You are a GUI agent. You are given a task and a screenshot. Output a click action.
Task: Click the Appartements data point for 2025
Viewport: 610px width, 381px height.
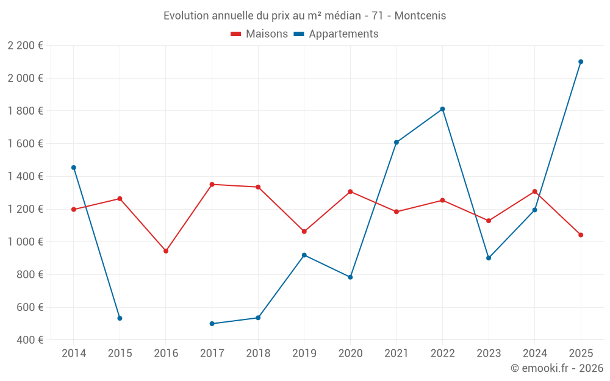tap(581, 62)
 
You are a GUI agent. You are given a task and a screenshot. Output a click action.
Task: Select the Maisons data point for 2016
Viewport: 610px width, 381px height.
tap(166, 251)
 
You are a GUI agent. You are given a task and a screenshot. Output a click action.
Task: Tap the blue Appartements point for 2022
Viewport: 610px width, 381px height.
tap(442, 109)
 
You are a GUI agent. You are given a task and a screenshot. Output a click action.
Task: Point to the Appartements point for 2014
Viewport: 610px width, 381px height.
tap(74, 168)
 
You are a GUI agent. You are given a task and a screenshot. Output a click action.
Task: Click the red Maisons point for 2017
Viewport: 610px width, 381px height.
tap(212, 184)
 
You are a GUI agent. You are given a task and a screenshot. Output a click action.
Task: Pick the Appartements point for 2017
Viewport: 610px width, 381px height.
tap(212, 324)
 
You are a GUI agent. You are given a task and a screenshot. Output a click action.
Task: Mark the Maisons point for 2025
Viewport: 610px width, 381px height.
tap(581, 235)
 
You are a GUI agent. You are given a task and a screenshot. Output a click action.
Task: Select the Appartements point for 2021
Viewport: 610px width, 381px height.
tap(396, 143)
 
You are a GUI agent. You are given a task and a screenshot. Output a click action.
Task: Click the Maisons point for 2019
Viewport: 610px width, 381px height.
tap(304, 232)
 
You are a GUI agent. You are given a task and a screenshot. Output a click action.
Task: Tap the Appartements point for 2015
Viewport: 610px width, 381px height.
tap(120, 318)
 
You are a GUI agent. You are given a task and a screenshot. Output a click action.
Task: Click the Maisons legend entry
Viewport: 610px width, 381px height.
tap(259, 34)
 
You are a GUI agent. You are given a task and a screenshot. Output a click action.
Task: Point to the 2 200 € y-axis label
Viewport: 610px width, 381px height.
tap(25, 46)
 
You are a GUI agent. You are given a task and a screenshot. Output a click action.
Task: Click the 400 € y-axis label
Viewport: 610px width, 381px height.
tap(29, 340)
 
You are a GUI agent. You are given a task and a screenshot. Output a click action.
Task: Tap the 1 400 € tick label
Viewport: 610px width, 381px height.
tap(25, 176)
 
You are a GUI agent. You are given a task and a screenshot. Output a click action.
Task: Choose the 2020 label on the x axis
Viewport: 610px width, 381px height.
tap(350, 354)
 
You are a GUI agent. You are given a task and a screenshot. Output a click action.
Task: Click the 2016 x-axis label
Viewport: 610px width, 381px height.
tap(166, 354)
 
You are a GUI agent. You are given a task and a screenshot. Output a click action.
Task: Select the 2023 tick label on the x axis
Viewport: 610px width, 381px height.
tap(489, 354)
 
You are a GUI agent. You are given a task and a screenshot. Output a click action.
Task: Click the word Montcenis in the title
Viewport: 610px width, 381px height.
tap(420, 16)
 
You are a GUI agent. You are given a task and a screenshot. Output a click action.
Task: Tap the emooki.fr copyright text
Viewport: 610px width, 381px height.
tap(557, 368)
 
